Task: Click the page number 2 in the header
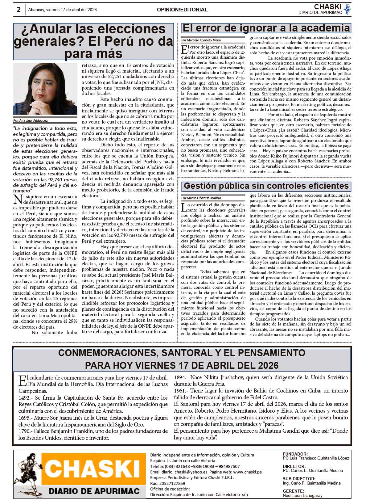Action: pyautogui.click(x=18, y=10)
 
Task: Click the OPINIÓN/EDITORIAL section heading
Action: pyautogui.click(x=182, y=10)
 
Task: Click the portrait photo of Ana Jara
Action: pyautogui.click(x=45, y=89)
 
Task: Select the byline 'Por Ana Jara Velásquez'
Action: pyautogui.click(x=31, y=120)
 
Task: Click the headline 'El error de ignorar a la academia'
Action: pyautogui.click(x=266, y=28)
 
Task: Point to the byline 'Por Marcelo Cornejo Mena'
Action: pyautogui.click(x=201, y=40)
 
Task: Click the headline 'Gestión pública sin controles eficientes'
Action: pyautogui.click(x=266, y=186)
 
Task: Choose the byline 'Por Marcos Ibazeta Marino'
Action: pyautogui.click(x=201, y=198)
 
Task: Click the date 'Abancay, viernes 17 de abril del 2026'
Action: pyautogui.click(x=62, y=10)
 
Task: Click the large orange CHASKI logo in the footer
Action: pyautogui.click(x=93, y=468)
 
